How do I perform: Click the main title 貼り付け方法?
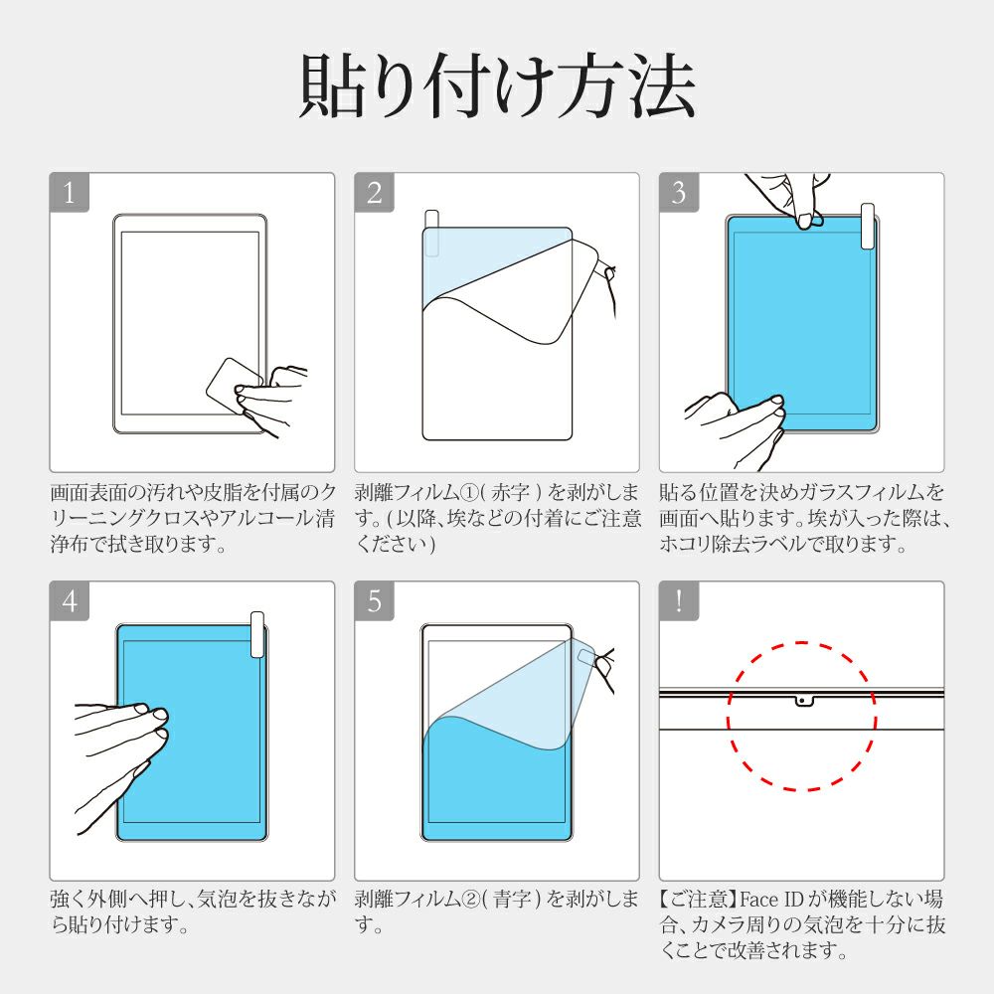497,86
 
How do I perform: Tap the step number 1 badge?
70,192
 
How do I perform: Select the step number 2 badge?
374,192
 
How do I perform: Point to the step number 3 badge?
679,192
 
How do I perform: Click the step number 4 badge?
70,600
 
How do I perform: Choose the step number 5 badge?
374,600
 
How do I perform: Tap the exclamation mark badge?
679,600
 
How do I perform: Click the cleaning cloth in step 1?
234,386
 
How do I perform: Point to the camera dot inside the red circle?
802,701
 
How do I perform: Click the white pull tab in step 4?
257,634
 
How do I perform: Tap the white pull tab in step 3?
867,227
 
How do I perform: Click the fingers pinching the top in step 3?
789,200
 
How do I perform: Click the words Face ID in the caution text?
771,900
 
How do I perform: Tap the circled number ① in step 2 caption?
471,493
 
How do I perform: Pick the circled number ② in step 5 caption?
471,900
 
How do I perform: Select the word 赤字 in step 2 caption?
510,493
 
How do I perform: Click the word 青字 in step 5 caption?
511,900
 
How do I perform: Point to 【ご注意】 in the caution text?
699,900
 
